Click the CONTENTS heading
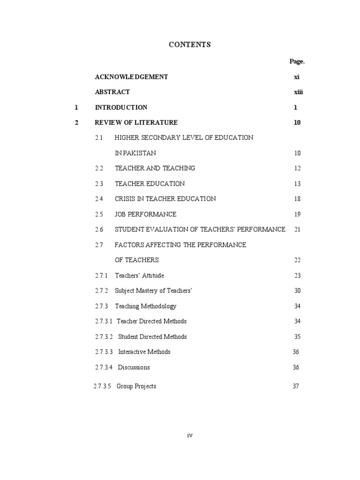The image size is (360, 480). click(x=189, y=45)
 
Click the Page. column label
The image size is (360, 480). click(x=297, y=61)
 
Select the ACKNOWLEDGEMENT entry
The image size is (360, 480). click(x=131, y=77)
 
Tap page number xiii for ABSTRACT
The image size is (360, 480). click(x=299, y=92)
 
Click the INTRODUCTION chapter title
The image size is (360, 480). click(x=121, y=107)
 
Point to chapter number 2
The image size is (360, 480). click(x=77, y=123)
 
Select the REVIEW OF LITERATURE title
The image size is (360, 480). click(x=136, y=123)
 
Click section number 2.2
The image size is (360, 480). click(x=98, y=168)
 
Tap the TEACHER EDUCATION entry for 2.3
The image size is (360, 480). click(x=150, y=184)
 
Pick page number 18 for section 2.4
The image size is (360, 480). click(x=297, y=199)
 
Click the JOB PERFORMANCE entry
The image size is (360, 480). click(x=145, y=214)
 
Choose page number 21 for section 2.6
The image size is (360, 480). click(x=297, y=230)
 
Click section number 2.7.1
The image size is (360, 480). click(x=101, y=276)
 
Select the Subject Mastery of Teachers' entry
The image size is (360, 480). click(x=154, y=291)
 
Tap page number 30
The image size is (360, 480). click(x=297, y=291)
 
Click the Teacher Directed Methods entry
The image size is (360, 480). click(x=151, y=321)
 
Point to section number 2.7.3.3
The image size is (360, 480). click(x=104, y=352)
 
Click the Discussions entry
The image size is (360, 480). click(x=134, y=367)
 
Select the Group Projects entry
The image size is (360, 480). click(x=136, y=386)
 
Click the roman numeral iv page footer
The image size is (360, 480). click(x=189, y=435)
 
